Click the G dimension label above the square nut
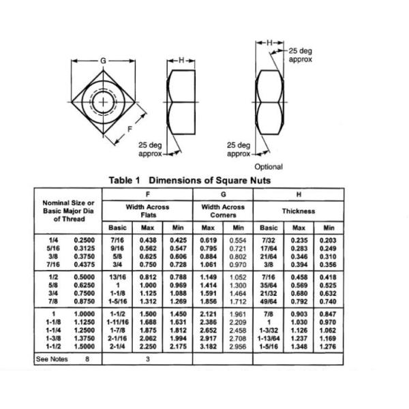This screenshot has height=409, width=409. coord(103,61)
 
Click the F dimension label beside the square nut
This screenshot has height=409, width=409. coord(130,127)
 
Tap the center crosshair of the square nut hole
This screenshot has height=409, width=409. coord(104,102)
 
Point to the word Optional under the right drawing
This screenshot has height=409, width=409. coord(269,166)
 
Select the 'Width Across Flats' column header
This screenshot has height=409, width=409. coord(147,211)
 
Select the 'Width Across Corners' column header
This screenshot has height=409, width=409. coord(223,211)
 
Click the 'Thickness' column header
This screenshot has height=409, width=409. coord(299,211)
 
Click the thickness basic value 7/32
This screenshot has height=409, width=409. coord(269,240)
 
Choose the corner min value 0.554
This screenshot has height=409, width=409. coord(238,240)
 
